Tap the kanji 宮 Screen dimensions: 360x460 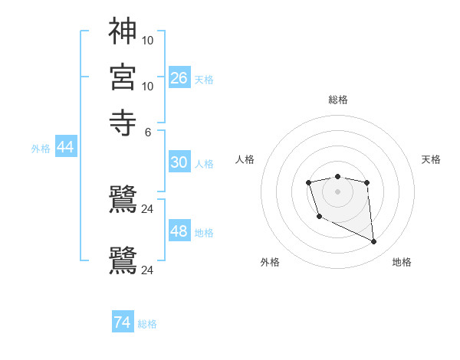(x=123, y=77)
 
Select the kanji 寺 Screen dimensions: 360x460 (x=123, y=123)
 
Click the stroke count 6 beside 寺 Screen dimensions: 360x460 (x=149, y=132)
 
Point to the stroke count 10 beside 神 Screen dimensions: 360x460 (x=148, y=39)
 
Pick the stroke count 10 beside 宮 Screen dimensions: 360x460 (x=148, y=86)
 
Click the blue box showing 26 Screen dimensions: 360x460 (x=179, y=77)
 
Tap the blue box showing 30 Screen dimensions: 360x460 (x=179, y=162)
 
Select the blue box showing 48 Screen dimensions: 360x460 (x=179, y=231)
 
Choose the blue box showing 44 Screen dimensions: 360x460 (x=65, y=147)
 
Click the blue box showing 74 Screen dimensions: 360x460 (x=122, y=322)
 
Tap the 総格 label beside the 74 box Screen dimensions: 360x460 (x=147, y=324)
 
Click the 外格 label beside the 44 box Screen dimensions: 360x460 (x=41, y=149)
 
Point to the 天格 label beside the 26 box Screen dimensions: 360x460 (x=203, y=79)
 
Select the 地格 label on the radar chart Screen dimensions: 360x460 (x=402, y=262)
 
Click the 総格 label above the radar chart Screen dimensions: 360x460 (x=337, y=100)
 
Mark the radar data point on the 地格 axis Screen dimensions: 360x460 (x=374, y=242)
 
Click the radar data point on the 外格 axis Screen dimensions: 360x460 (x=319, y=217)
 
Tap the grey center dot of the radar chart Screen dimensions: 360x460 (x=337, y=191)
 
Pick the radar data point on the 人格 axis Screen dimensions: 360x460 (x=308, y=182)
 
